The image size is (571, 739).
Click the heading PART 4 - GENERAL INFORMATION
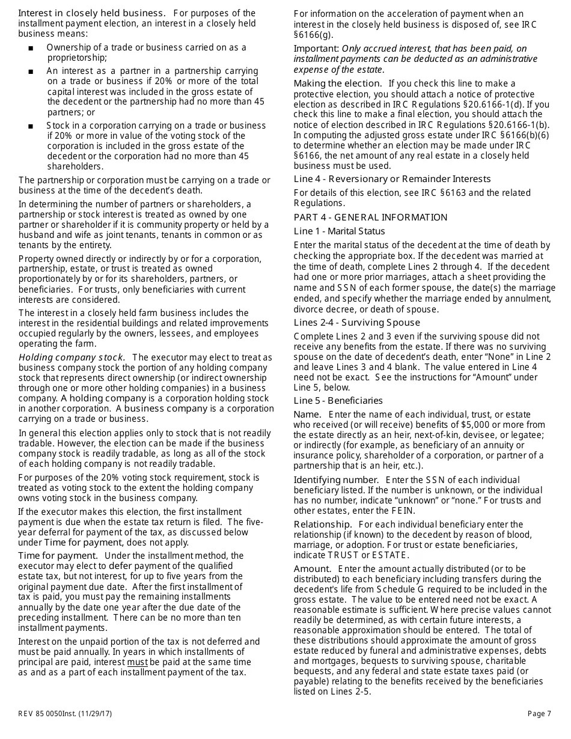tap(370, 217)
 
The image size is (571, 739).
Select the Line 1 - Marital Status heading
tap(339, 231)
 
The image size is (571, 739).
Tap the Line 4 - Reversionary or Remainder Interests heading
tap(392, 179)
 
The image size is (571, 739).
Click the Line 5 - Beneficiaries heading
tap(338, 401)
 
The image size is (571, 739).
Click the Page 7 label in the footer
tap(539, 714)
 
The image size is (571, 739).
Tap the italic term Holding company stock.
tap(72, 357)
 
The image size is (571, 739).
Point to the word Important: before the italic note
tap(316, 49)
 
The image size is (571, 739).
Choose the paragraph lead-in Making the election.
tap(337, 84)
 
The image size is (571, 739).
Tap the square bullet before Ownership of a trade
tap(31, 47)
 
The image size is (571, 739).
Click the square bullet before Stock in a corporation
tap(31, 126)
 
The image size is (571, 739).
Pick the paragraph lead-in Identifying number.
tap(335, 479)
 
